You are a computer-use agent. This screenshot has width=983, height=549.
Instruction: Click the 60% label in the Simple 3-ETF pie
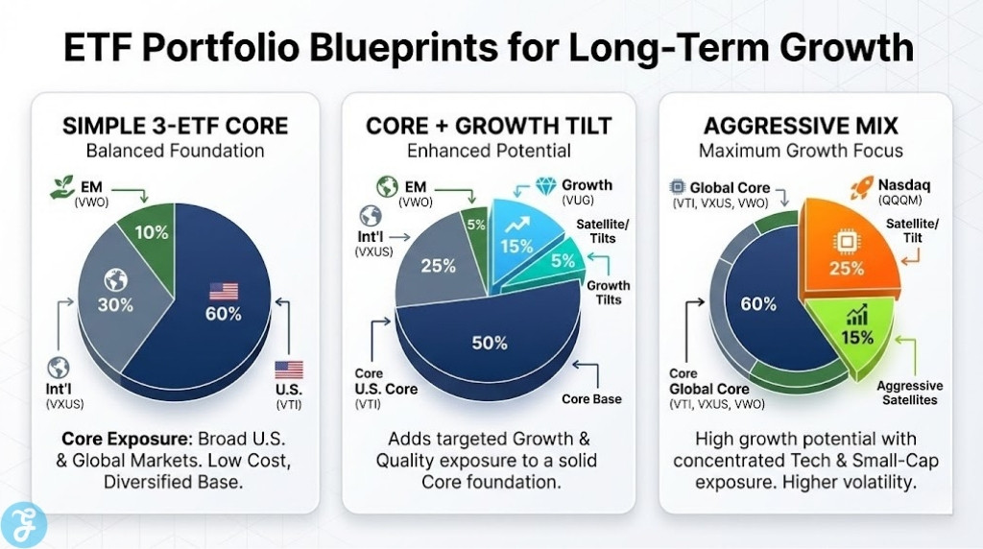pyautogui.click(x=223, y=313)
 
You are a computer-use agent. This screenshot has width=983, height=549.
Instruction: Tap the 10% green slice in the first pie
pyautogui.click(x=152, y=233)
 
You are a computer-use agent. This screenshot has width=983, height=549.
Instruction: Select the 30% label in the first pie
pyautogui.click(x=115, y=306)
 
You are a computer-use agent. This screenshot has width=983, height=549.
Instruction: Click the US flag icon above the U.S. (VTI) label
pyautogui.click(x=288, y=370)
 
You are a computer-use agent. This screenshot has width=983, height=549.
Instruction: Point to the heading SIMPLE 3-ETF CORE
pyautogui.click(x=175, y=126)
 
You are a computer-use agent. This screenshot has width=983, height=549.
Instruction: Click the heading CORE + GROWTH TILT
pyautogui.click(x=489, y=126)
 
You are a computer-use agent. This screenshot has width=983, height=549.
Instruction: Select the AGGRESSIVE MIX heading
pyautogui.click(x=801, y=126)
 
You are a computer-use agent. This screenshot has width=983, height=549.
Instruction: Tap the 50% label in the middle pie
pyautogui.click(x=489, y=342)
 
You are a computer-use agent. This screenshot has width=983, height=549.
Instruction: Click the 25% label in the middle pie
pyautogui.click(x=438, y=266)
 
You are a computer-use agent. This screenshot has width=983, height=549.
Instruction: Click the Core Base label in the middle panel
pyautogui.click(x=592, y=398)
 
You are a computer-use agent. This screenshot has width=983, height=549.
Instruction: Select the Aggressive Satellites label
pyautogui.click(x=910, y=393)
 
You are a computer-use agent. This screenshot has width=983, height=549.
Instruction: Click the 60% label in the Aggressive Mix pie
pyautogui.click(x=758, y=303)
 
